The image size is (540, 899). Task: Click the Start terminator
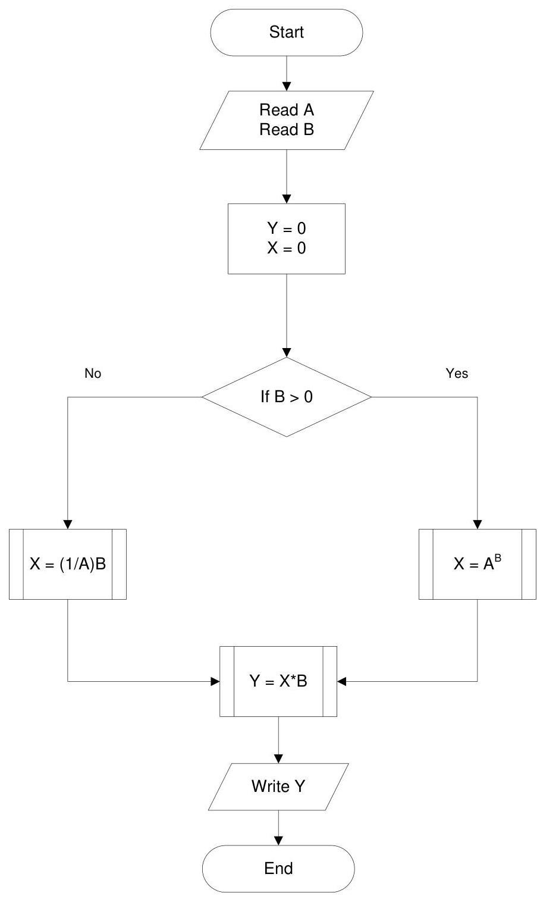(x=286, y=33)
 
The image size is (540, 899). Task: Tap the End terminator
(x=278, y=868)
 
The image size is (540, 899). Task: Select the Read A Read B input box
(x=286, y=120)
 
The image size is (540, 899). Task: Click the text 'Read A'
(x=286, y=110)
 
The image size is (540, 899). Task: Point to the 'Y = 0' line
(x=286, y=228)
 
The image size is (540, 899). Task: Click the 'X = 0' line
(x=286, y=248)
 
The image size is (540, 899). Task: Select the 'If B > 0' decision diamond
(x=287, y=397)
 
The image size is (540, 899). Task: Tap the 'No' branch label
(x=93, y=374)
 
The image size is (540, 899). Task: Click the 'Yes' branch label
(x=457, y=374)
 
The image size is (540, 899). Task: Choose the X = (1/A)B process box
(x=68, y=564)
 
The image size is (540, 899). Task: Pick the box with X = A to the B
(x=477, y=564)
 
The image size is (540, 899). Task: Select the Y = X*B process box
(x=278, y=681)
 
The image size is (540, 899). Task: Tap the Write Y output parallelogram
(x=278, y=787)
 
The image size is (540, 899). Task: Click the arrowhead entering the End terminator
(x=278, y=840)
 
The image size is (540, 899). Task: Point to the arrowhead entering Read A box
(x=287, y=86)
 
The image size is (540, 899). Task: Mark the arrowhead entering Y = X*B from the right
(x=342, y=681)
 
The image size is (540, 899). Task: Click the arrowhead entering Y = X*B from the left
(x=215, y=681)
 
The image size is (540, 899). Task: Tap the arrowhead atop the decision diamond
(x=287, y=352)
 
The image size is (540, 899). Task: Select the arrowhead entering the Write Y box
(x=278, y=759)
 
